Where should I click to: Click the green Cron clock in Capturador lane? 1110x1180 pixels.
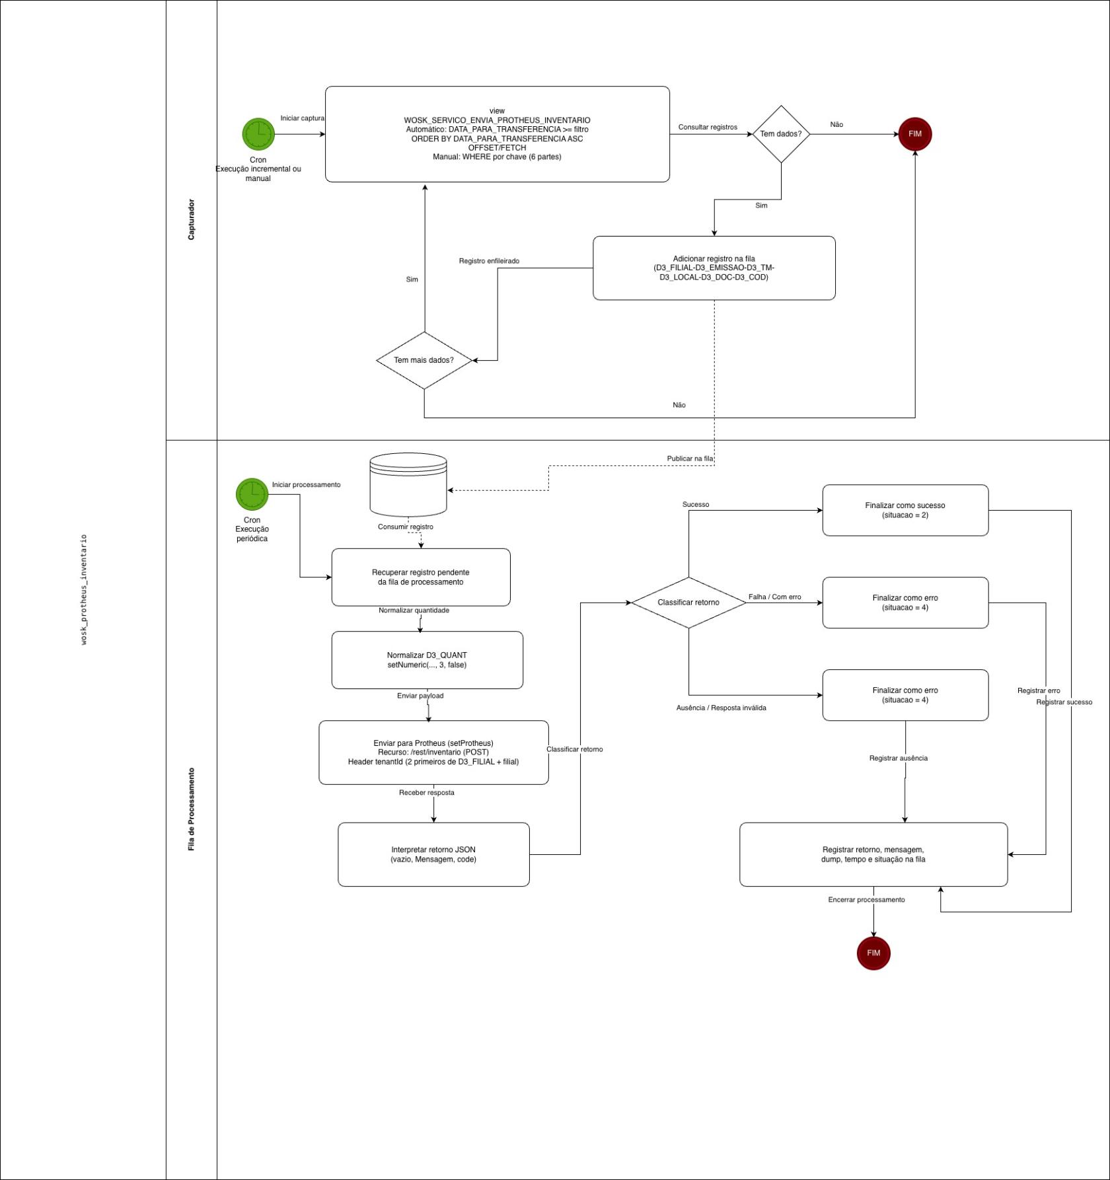tap(258, 134)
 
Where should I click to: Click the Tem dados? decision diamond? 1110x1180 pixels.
tap(781, 134)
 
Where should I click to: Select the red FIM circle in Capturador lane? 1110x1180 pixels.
tap(914, 134)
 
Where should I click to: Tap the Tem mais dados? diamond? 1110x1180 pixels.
tap(424, 360)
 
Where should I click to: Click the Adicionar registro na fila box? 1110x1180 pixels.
tap(714, 268)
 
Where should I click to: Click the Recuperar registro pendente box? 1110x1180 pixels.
tap(420, 577)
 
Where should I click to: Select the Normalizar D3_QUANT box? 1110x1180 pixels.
tap(427, 660)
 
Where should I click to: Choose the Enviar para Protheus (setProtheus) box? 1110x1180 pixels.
tap(433, 753)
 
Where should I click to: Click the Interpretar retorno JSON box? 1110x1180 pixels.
tap(433, 854)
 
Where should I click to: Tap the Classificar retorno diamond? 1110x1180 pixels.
tap(688, 603)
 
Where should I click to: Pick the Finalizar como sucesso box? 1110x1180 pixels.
tap(905, 510)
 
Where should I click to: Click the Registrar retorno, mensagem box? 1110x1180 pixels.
tap(873, 854)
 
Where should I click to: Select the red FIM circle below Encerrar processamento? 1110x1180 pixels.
tap(873, 953)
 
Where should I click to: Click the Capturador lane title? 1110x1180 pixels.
tap(192, 219)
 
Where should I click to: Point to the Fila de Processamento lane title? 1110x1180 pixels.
tap(192, 809)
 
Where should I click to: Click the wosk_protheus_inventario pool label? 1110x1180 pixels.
tap(84, 589)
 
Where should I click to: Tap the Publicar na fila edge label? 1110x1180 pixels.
tap(689, 459)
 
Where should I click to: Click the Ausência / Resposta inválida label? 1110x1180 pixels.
tap(721, 708)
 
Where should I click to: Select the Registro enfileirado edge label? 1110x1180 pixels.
tap(489, 261)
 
